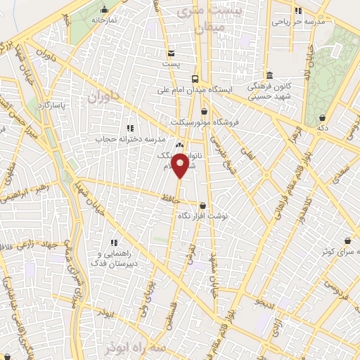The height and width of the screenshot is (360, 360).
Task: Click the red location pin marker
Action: (180, 167)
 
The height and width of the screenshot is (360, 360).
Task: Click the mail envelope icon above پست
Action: (171, 53)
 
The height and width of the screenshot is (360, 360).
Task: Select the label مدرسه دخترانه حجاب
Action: (124, 139)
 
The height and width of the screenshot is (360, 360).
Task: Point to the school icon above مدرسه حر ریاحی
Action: (298, 11)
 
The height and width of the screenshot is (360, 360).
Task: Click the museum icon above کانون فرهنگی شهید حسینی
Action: (269, 75)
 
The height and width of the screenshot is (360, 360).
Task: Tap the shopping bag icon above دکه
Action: (322, 117)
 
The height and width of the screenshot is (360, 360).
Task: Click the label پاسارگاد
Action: (52, 105)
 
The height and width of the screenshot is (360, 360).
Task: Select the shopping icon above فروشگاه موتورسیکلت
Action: (204, 110)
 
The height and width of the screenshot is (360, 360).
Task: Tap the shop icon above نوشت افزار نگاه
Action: (203, 206)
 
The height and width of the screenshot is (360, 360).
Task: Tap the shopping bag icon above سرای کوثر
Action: (346, 240)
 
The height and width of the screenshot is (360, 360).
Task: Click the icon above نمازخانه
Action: (104, 9)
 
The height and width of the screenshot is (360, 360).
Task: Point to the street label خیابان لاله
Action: (307, 67)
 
